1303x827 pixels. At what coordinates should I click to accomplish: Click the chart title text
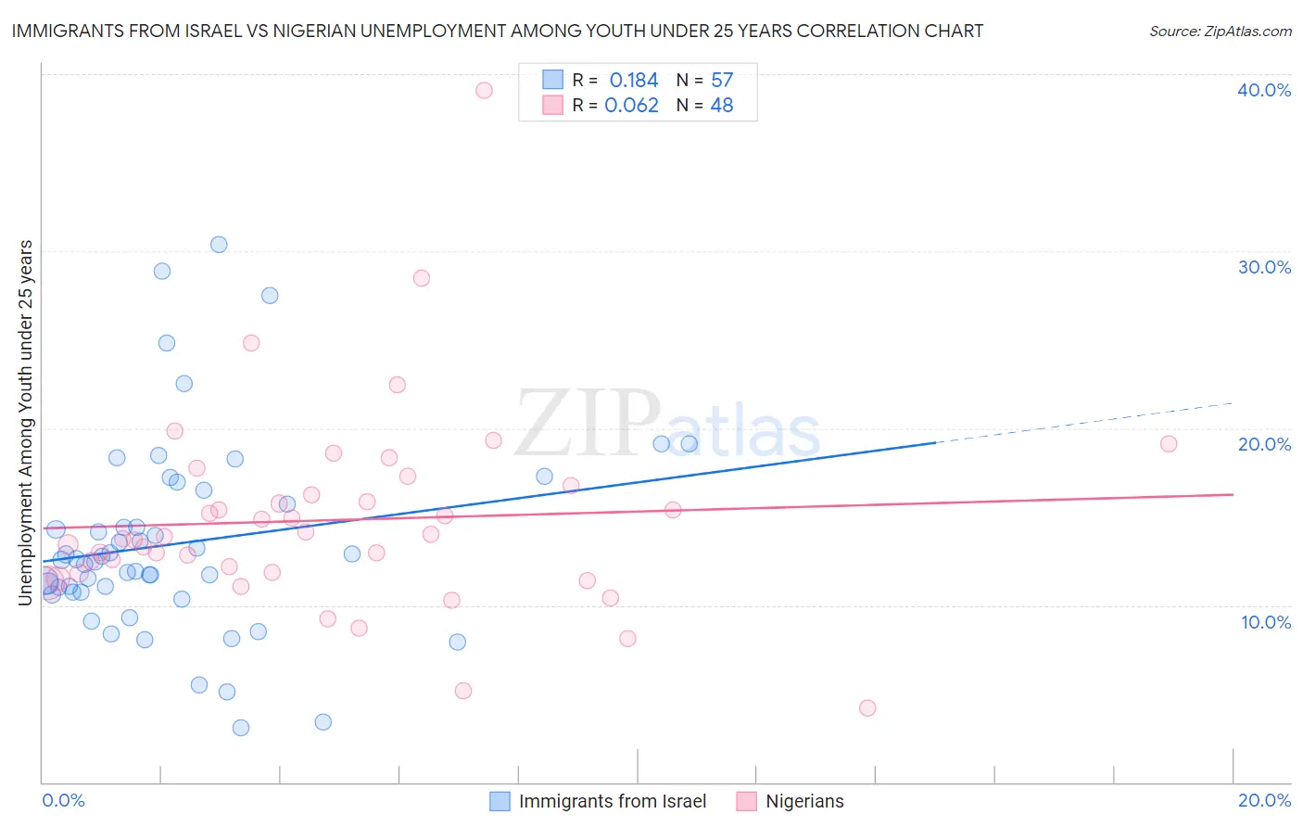[497, 31]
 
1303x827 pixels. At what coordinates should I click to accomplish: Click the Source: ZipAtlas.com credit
[1220, 31]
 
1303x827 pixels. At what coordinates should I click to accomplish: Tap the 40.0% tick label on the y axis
[1264, 90]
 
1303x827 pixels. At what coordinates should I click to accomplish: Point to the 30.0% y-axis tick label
[1264, 267]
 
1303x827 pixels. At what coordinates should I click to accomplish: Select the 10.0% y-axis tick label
[1266, 622]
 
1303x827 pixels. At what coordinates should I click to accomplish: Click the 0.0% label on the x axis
[63, 800]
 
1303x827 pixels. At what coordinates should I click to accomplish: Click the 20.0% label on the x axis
[1264, 800]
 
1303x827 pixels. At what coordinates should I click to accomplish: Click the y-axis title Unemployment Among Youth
[25, 423]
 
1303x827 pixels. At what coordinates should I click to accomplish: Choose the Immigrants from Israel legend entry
[612, 801]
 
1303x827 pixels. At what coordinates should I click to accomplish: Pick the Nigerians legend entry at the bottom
[803, 801]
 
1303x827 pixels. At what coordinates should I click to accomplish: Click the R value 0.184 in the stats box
[634, 81]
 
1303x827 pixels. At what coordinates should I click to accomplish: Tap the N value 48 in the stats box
[721, 106]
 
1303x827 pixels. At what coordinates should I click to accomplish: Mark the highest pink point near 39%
[484, 90]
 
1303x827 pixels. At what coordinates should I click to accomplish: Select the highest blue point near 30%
[219, 245]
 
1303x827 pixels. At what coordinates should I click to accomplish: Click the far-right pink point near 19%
[1169, 444]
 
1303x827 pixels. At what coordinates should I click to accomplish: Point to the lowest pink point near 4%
[867, 708]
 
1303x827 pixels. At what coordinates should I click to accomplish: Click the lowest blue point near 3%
[241, 728]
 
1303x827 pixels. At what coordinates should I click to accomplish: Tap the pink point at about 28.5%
[422, 278]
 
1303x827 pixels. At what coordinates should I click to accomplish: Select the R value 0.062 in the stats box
[631, 106]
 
